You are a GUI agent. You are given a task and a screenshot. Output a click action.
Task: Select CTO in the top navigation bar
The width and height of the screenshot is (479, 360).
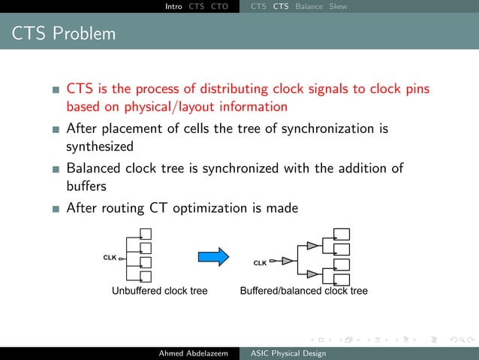tap(220, 7)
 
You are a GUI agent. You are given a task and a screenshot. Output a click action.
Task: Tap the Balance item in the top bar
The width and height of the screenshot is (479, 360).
tap(309, 7)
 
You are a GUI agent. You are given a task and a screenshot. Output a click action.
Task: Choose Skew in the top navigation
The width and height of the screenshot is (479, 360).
tap(338, 7)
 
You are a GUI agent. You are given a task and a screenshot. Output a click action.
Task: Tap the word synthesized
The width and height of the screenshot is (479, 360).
tap(99, 146)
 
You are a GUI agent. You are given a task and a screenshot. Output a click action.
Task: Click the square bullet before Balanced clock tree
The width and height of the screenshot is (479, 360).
tap(56, 169)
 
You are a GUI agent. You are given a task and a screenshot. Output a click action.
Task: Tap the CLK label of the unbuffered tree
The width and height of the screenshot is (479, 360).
tap(110, 257)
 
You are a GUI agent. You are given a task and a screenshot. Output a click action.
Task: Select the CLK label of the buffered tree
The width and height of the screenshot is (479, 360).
tap(260, 263)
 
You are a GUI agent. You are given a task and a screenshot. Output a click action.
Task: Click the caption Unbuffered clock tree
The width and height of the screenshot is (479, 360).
tap(159, 290)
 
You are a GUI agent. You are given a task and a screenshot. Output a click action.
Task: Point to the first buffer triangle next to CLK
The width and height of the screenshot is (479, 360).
tap(287, 262)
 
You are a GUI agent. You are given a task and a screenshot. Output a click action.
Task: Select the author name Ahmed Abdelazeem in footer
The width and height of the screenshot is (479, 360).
tap(193, 353)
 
